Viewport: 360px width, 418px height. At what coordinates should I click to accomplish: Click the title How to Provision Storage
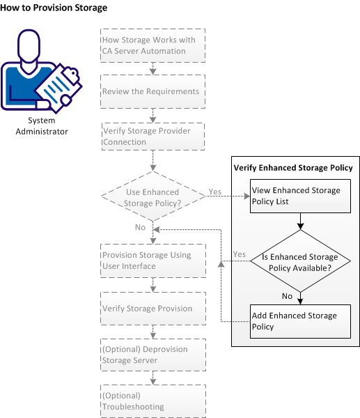[54, 8]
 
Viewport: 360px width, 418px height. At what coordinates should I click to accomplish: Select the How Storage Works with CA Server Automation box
[153, 45]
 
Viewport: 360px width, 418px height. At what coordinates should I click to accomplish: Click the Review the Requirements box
[153, 91]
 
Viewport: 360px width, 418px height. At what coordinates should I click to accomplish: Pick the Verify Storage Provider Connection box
[153, 137]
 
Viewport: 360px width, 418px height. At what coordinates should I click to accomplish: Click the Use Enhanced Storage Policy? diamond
[153, 197]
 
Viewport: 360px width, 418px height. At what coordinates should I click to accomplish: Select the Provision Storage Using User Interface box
[153, 261]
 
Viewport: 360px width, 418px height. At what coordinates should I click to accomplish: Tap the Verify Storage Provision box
[153, 308]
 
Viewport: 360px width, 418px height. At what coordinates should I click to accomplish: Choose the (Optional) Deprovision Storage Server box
[153, 355]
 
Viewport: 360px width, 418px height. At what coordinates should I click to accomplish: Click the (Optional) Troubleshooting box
[153, 401]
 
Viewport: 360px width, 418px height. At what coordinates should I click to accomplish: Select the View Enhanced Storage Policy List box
[299, 196]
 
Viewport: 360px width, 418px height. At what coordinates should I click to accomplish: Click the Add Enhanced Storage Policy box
[299, 320]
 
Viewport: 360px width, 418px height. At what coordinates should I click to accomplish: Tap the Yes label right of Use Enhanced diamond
[215, 190]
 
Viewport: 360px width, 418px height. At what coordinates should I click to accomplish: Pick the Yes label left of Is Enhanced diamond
[239, 254]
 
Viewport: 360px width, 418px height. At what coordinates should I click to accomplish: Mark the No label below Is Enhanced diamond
[286, 295]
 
